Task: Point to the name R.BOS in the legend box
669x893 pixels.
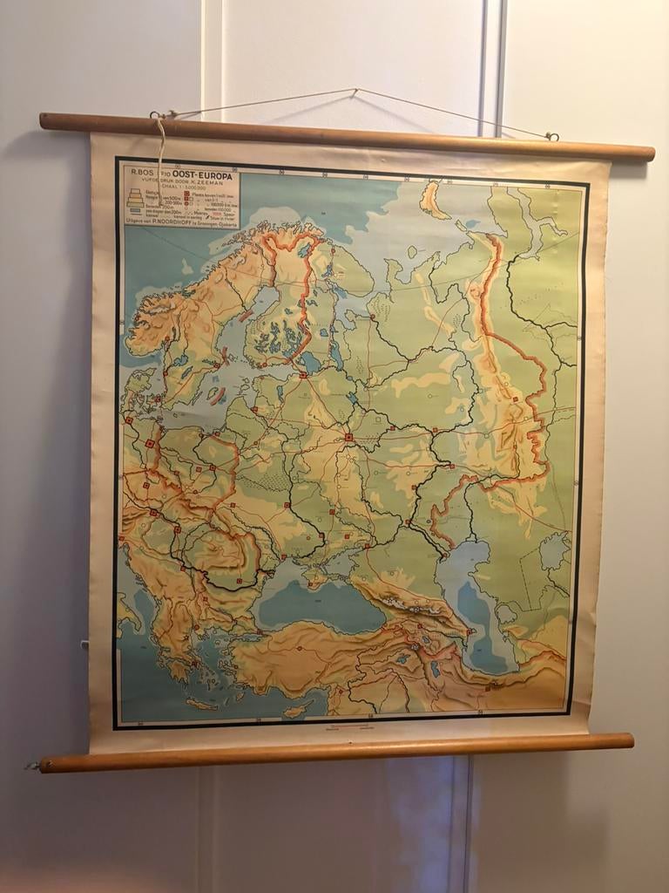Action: coord(141,173)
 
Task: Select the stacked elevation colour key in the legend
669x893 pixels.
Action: coord(135,201)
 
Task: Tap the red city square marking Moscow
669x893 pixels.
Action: coord(348,436)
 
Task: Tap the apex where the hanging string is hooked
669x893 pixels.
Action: coord(355,90)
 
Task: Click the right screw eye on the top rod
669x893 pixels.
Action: coord(552,136)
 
